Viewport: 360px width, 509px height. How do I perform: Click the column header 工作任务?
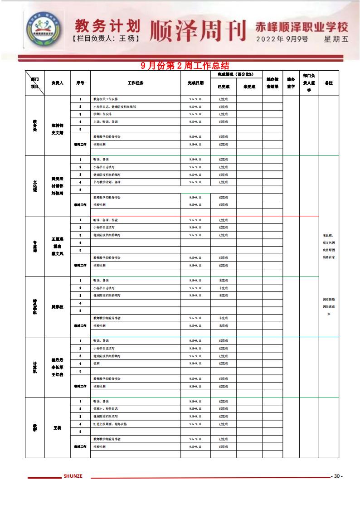136,83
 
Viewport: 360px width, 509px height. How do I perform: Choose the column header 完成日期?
195,83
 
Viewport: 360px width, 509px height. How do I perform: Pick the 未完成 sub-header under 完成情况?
249,87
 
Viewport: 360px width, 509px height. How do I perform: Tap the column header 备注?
329,83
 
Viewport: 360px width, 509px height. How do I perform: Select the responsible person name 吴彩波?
58,307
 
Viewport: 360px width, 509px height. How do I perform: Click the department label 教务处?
35,126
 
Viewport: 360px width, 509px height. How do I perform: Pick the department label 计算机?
35,367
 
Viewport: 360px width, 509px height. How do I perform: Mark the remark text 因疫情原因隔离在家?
329,306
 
